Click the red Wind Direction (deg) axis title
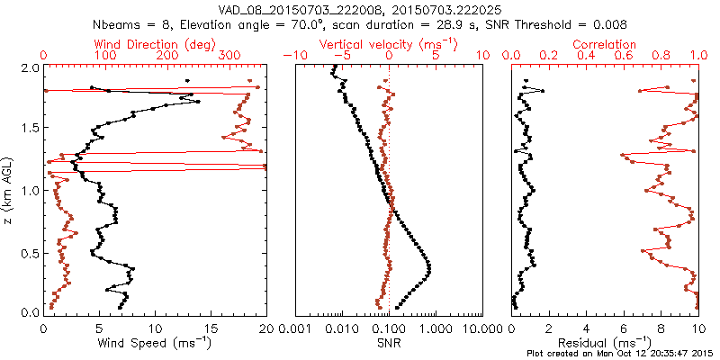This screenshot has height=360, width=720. [155, 44]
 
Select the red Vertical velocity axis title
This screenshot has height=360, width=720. [389, 44]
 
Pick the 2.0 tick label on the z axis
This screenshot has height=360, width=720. [30, 68]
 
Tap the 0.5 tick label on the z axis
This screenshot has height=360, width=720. [30, 252]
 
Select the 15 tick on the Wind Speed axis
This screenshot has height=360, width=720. [211, 327]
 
